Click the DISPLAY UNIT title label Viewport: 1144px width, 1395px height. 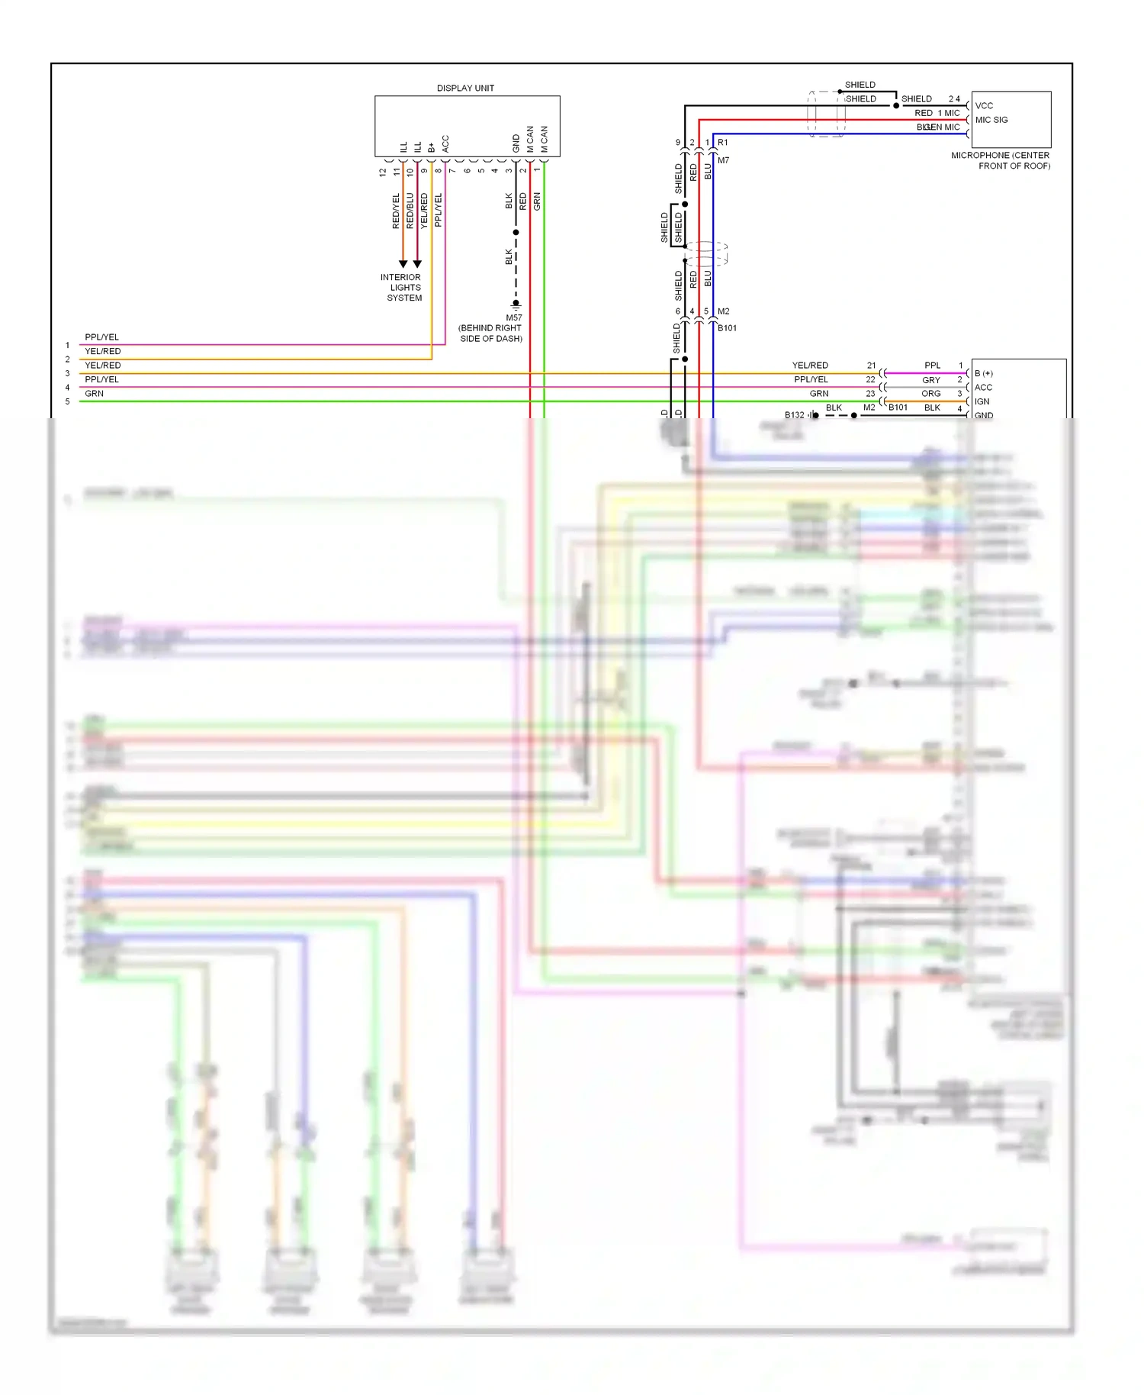click(465, 89)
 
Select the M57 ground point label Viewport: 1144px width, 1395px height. click(514, 317)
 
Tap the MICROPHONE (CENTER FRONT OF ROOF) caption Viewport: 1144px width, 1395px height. click(1001, 160)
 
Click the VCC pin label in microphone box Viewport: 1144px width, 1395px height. click(984, 106)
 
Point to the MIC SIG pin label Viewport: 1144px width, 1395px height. click(991, 120)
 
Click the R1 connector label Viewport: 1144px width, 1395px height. click(722, 143)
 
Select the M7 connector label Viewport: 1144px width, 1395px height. click(723, 160)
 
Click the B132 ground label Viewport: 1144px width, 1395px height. click(794, 415)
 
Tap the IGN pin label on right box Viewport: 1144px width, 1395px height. click(982, 401)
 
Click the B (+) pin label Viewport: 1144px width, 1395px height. click(983, 373)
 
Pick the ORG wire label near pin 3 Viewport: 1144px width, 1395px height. click(930, 394)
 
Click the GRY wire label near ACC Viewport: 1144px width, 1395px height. click(930, 380)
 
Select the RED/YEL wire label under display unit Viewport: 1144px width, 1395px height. click(396, 211)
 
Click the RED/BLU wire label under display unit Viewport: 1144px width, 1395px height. click(410, 211)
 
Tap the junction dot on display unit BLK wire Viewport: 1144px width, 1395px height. click(516, 232)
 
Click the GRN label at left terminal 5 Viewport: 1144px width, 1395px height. click(94, 394)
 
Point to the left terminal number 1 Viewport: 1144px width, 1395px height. click(67, 345)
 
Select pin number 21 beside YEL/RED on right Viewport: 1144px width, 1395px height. click(871, 366)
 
